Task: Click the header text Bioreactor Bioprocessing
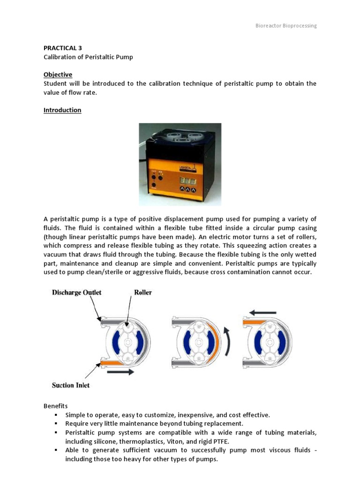click(282, 26)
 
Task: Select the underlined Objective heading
click(58, 75)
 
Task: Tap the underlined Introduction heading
click(62, 110)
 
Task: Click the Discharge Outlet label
click(77, 292)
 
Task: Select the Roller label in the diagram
click(143, 292)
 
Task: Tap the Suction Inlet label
click(71, 385)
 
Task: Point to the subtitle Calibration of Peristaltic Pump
click(88, 57)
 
